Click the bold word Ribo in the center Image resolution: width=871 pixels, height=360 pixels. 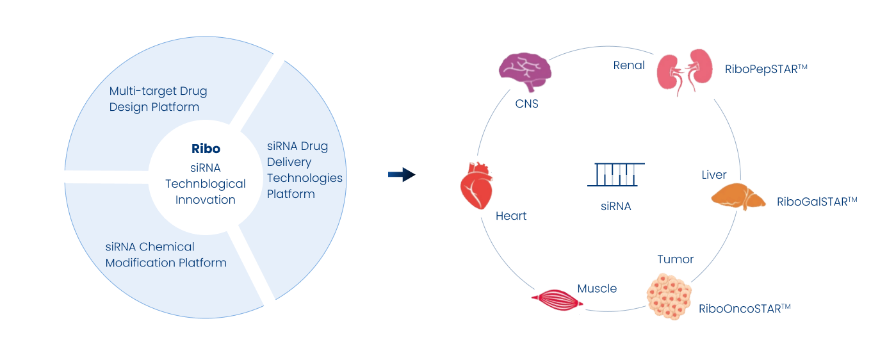[x=206, y=149]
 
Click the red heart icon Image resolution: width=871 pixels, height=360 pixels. [x=476, y=185]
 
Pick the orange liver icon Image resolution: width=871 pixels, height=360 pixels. [x=738, y=197]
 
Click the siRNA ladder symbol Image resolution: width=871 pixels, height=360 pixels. [x=616, y=174]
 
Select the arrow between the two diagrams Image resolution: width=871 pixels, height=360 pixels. [x=402, y=174]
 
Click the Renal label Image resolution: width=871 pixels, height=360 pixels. [x=630, y=65]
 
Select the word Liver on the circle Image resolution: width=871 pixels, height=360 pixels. [x=714, y=175]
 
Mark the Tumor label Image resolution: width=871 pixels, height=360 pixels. [x=675, y=259]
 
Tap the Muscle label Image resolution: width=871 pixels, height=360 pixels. [x=597, y=288]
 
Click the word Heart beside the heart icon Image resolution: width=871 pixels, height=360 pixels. [x=511, y=216]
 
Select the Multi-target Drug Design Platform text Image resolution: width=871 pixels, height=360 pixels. [x=158, y=99]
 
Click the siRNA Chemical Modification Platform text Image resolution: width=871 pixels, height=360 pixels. [x=166, y=254]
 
